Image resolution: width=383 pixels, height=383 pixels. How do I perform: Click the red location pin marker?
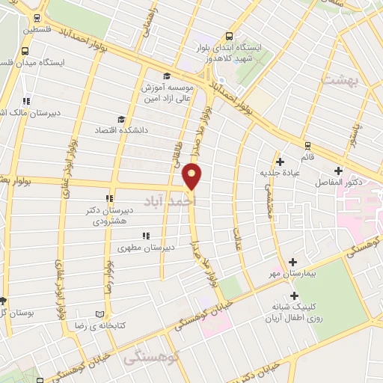coord(193,176)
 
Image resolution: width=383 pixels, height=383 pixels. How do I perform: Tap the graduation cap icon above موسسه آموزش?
coord(166,76)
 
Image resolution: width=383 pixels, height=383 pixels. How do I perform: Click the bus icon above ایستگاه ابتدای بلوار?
coord(228,34)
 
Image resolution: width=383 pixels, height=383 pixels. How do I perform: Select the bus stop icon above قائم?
coord(307,145)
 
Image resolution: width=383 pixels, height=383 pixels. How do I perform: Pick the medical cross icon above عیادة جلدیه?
coord(280,161)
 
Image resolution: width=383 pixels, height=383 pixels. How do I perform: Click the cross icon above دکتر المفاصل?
coord(339,171)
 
